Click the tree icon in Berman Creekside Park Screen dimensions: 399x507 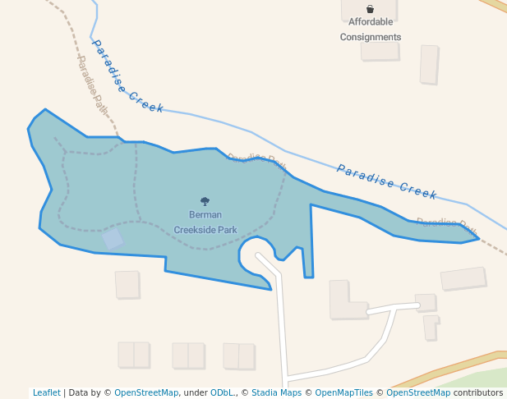pyautogui.click(x=205, y=201)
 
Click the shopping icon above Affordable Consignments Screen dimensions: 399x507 pyautogui.click(x=370, y=9)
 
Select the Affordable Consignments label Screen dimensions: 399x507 pyautogui.click(x=371, y=30)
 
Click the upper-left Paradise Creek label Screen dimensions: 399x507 pyautogui.click(x=127, y=76)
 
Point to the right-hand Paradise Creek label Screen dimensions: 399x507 pyautogui.click(x=386, y=181)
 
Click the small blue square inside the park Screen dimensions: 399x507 pyautogui.click(x=113, y=239)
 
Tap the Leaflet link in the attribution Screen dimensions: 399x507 pyautogui.click(x=46, y=392)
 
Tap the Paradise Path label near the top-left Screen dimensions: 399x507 pyautogui.click(x=93, y=83)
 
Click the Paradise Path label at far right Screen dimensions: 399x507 pyautogui.click(x=446, y=223)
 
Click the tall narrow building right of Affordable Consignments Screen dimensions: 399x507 pyautogui.click(x=429, y=64)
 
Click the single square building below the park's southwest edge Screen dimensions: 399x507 pyautogui.click(x=127, y=284)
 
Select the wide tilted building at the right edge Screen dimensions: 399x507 pyautogui.click(x=463, y=278)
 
